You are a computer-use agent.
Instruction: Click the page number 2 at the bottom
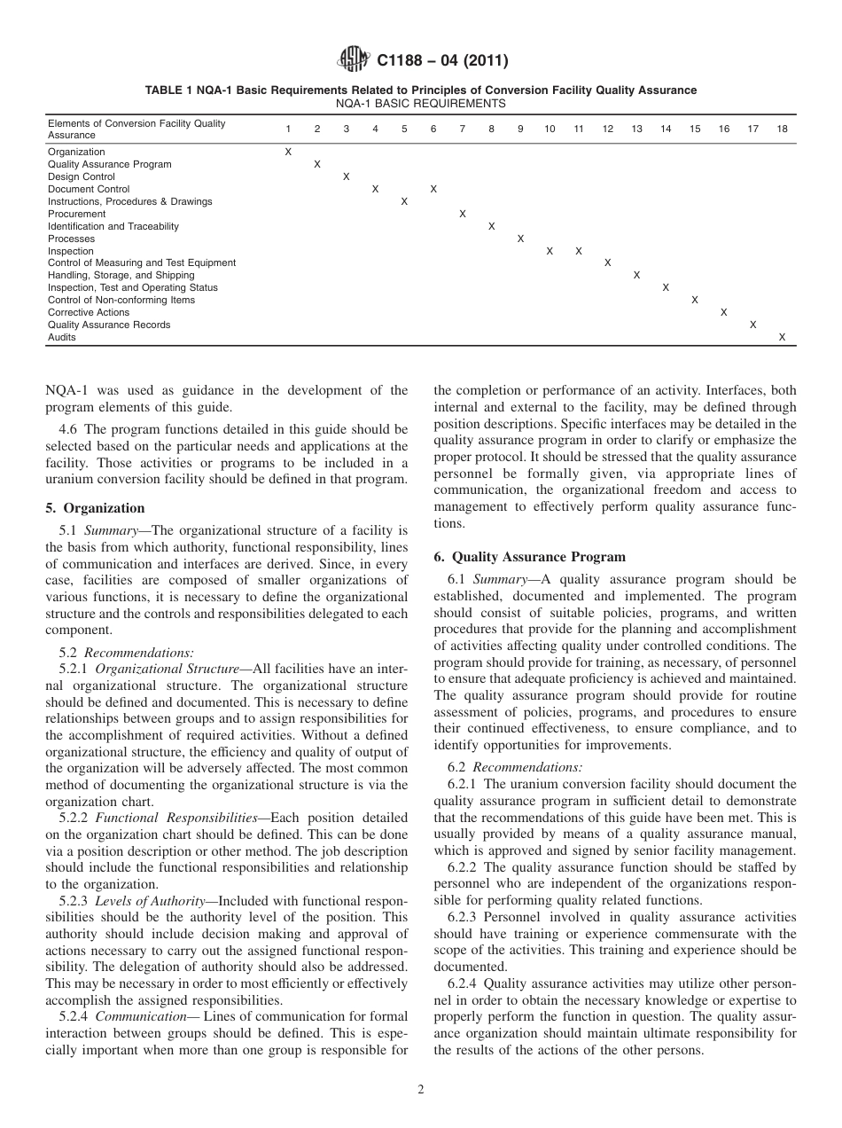click(421, 1090)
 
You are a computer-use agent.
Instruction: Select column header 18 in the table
click(782, 129)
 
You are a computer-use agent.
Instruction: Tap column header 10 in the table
click(550, 129)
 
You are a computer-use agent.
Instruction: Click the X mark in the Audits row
click(782, 337)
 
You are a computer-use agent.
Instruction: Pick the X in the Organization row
click(288, 153)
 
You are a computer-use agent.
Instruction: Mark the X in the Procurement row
click(462, 214)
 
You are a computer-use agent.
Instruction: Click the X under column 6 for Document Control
click(433, 189)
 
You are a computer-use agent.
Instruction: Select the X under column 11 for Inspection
click(578, 251)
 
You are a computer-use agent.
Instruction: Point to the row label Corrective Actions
click(89, 312)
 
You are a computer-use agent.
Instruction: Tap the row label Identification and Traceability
click(113, 226)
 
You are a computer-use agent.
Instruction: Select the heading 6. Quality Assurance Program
click(529, 557)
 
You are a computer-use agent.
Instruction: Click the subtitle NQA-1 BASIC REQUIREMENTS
click(421, 103)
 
